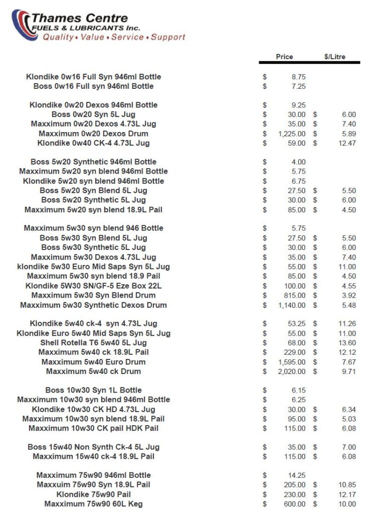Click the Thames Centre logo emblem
pos(24,24)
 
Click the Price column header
pos(284,57)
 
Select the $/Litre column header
pos(335,57)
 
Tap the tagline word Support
pos(168,37)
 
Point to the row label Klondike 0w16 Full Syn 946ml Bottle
pos(94,77)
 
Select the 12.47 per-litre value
pos(347,143)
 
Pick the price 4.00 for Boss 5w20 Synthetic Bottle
pos(298,162)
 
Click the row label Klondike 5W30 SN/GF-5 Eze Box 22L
pos(94,286)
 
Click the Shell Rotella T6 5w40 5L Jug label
pos(94,342)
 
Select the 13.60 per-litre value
pos(347,342)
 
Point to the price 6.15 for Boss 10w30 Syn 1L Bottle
pos(298,390)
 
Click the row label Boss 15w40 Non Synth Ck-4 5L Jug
pos(94,447)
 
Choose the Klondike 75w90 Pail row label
pos(94,494)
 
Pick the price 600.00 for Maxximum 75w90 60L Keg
pos(295,503)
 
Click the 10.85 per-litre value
pos(347,484)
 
